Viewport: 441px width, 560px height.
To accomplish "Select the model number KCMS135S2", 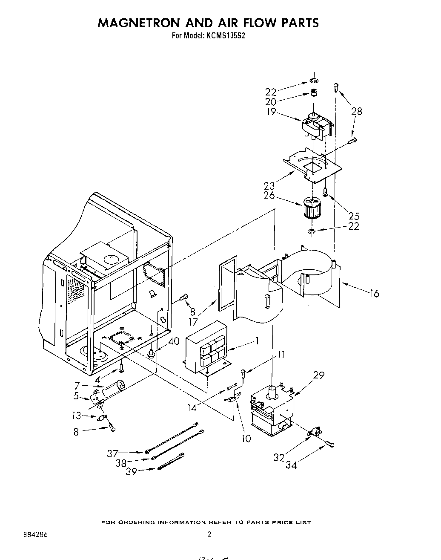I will (226, 36).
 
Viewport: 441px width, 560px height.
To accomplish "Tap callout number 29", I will (318, 375).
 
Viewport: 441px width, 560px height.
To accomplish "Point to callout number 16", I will (374, 293).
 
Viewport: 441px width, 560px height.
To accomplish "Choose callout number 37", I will (113, 454).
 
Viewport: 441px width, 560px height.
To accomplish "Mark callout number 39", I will (132, 472).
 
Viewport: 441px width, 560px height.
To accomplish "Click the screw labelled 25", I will (325, 192).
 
